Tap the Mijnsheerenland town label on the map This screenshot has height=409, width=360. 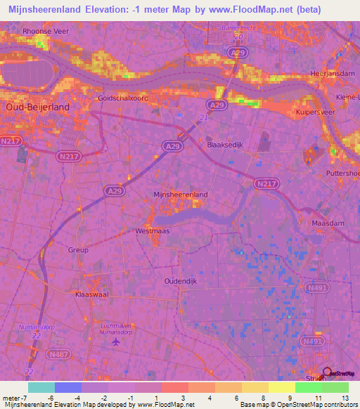pyautogui.click(x=180, y=194)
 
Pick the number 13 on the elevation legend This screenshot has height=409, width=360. pyautogui.click(x=345, y=398)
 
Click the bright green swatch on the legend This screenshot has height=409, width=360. pyautogui.click(x=309, y=387)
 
